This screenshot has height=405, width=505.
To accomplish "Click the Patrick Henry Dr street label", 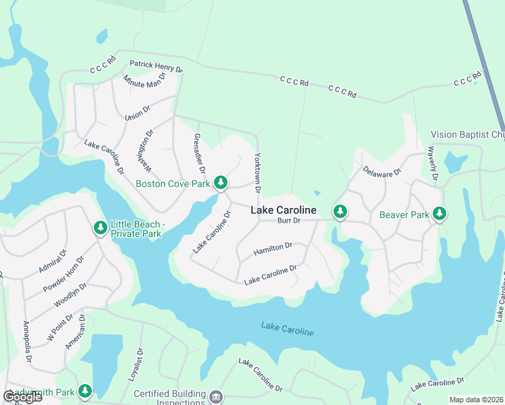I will click(x=157, y=67).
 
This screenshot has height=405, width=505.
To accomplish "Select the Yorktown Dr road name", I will click(x=257, y=173).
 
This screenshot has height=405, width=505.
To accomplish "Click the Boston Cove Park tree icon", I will click(x=220, y=183).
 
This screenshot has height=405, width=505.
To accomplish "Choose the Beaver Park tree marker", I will click(x=440, y=214).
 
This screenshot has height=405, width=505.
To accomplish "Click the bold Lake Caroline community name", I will click(x=284, y=211).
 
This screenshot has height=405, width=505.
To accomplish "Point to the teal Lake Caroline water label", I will click(x=288, y=330).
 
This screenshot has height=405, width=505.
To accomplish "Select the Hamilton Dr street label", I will click(x=273, y=250).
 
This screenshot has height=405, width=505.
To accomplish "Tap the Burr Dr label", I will click(x=288, y=221).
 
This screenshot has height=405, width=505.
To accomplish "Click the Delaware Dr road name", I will click(x=382, y=172).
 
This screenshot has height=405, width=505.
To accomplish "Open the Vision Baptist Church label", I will click(x=467, y=135).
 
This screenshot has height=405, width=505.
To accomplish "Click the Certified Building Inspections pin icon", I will click(x=216, y=395).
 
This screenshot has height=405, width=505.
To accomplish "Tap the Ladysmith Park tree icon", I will click(x=85, y=390).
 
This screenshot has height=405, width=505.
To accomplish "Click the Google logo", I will click(x=22, y=396).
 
